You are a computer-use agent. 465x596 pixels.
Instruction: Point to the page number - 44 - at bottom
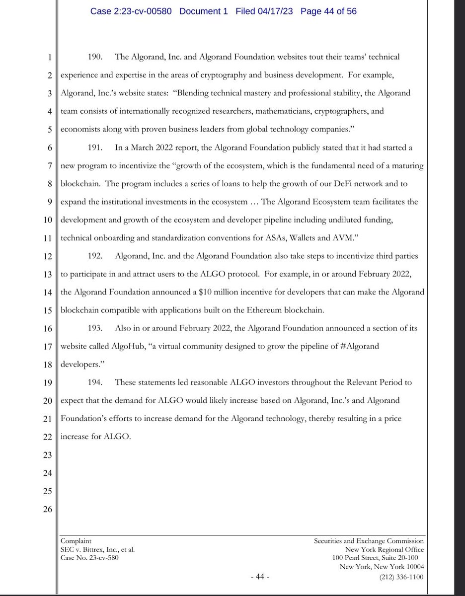tap(259, 577)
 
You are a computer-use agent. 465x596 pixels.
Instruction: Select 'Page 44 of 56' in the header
tap(328, 11)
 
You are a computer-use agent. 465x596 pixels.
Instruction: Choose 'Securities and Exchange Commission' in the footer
tap(370, 541)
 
